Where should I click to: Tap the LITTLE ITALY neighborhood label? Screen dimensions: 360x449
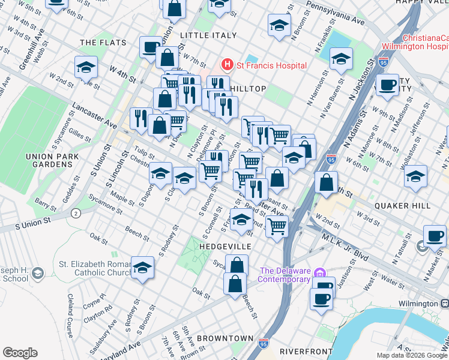[208, 35]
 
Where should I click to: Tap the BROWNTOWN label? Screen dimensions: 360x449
[225, 338]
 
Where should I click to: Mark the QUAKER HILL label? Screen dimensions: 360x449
[402, 205]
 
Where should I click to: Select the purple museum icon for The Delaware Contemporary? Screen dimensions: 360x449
[319, 273]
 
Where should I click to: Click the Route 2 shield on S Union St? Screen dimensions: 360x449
[76, 213]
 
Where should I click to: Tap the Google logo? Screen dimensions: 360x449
[20, 353]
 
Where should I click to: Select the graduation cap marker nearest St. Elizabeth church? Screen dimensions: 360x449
[143, 268]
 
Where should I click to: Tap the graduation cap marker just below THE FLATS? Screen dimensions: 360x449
[86, 67]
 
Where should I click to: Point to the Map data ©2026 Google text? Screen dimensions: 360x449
[411, 355]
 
